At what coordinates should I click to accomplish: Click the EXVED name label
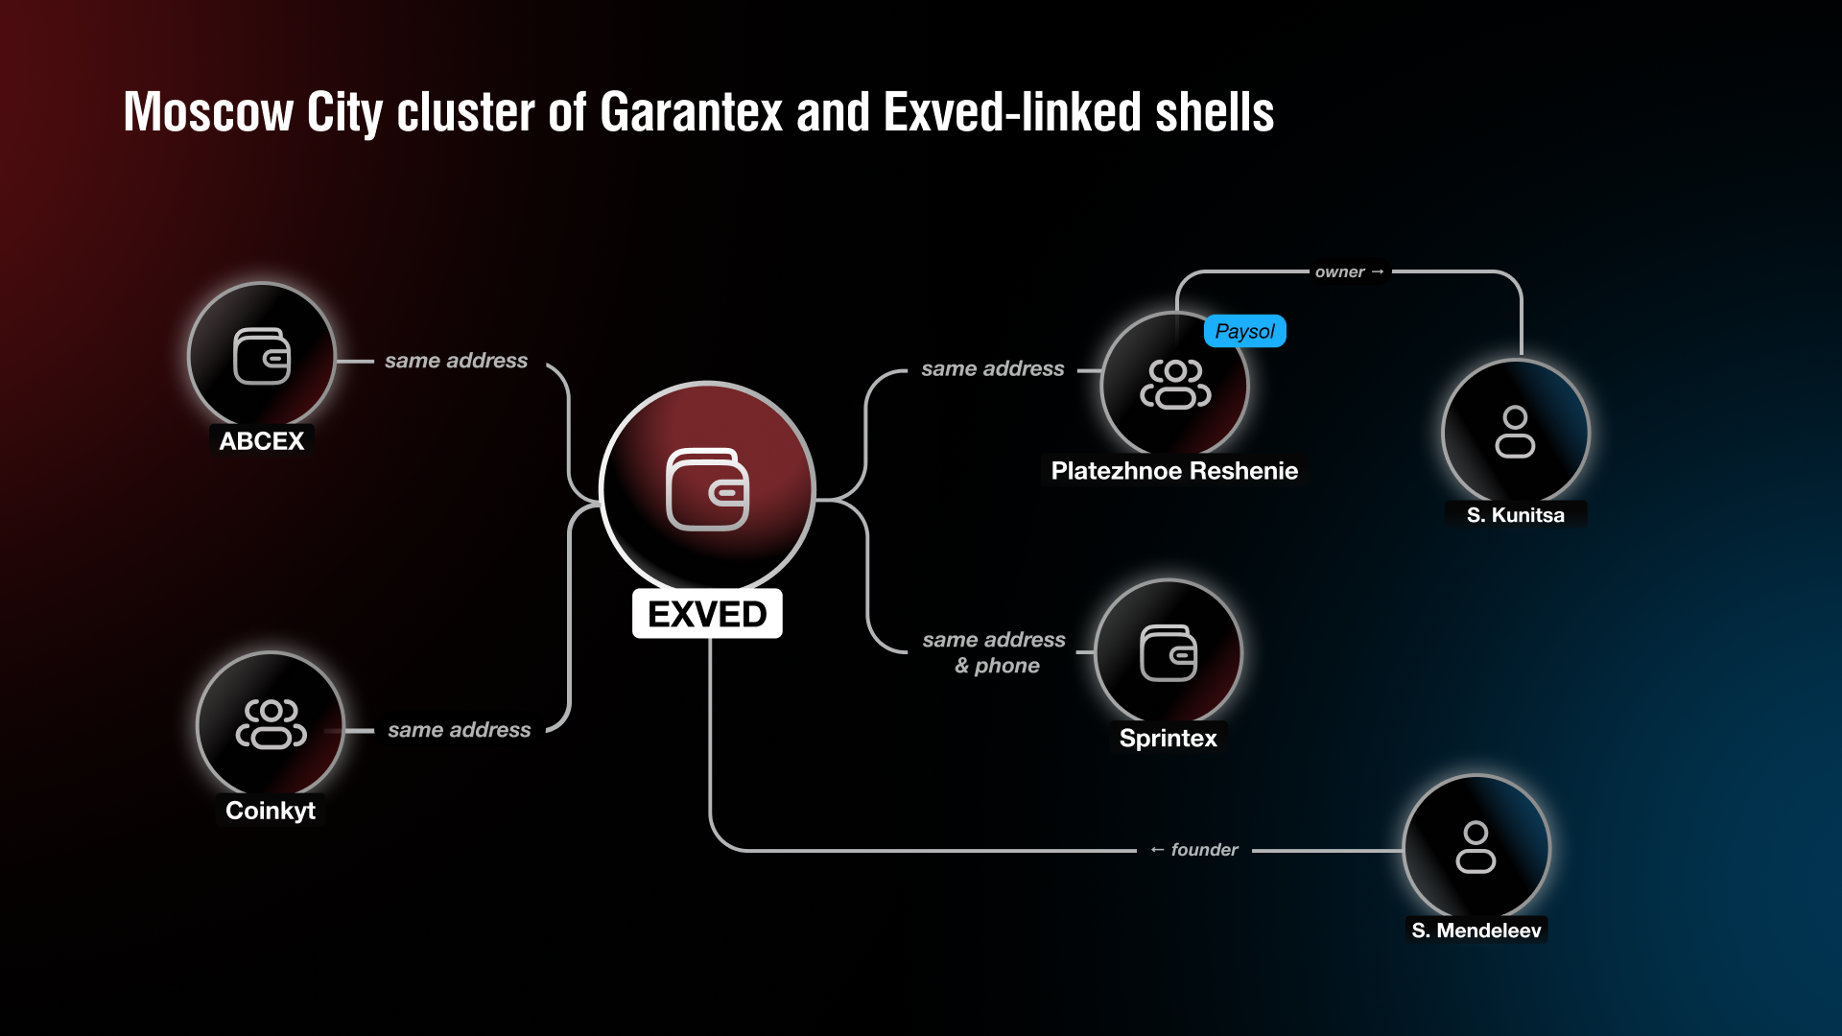[707, 614]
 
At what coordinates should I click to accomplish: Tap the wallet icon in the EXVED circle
[708, 489]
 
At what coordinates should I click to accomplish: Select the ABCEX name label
[262, 441]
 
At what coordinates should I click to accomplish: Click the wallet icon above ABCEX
[262, 356]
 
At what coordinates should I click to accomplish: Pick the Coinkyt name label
[271, 811]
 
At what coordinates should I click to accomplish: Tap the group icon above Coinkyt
[272, 724]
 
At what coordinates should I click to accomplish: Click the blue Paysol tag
[1245, 331]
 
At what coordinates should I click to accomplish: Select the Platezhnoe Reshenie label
[1174, 471]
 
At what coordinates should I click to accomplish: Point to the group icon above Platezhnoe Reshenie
[1175, 384]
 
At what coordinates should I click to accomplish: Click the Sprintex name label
[1169, 738]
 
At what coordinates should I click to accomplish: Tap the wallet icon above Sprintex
[1169, 653]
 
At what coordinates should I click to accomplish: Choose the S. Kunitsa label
[1516, 515]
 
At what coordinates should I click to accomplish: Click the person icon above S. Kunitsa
[1516, 432]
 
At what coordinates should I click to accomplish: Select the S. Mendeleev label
[1476, 930]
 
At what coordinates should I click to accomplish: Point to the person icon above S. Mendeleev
[1476, 847]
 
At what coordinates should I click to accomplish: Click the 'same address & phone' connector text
[995, 652]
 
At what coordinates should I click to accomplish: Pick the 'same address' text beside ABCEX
[457, 361]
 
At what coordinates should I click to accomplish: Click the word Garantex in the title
[691, 112]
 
